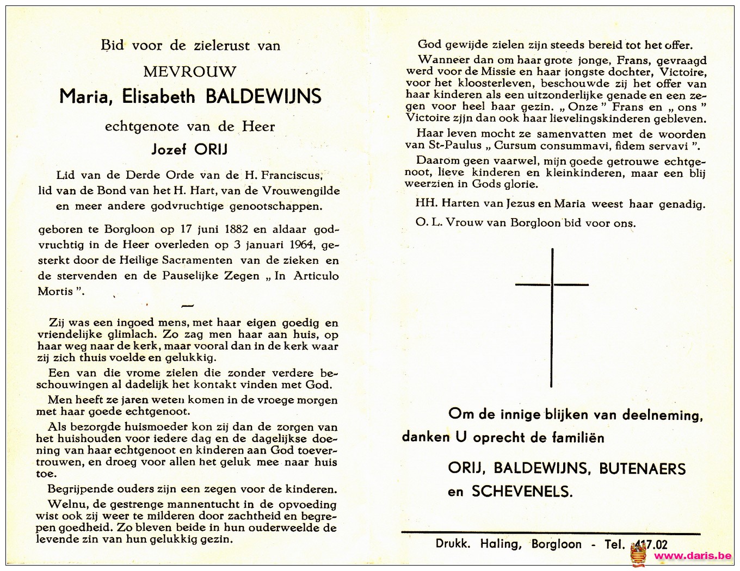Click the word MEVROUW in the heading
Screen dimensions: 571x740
pyautogui.click(x=189, y=72)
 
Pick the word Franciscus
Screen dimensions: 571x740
pyautogui.click(x=291, y=175)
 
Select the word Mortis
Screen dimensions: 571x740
pyautogui.click(x=55, y=291)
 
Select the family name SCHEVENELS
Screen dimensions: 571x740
pyautogui.click(x=522, y=492)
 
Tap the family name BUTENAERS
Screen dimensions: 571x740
pyautogui.click(x=643, y=469)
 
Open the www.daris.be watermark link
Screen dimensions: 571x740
pyautogui.click(x=693, y=556)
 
